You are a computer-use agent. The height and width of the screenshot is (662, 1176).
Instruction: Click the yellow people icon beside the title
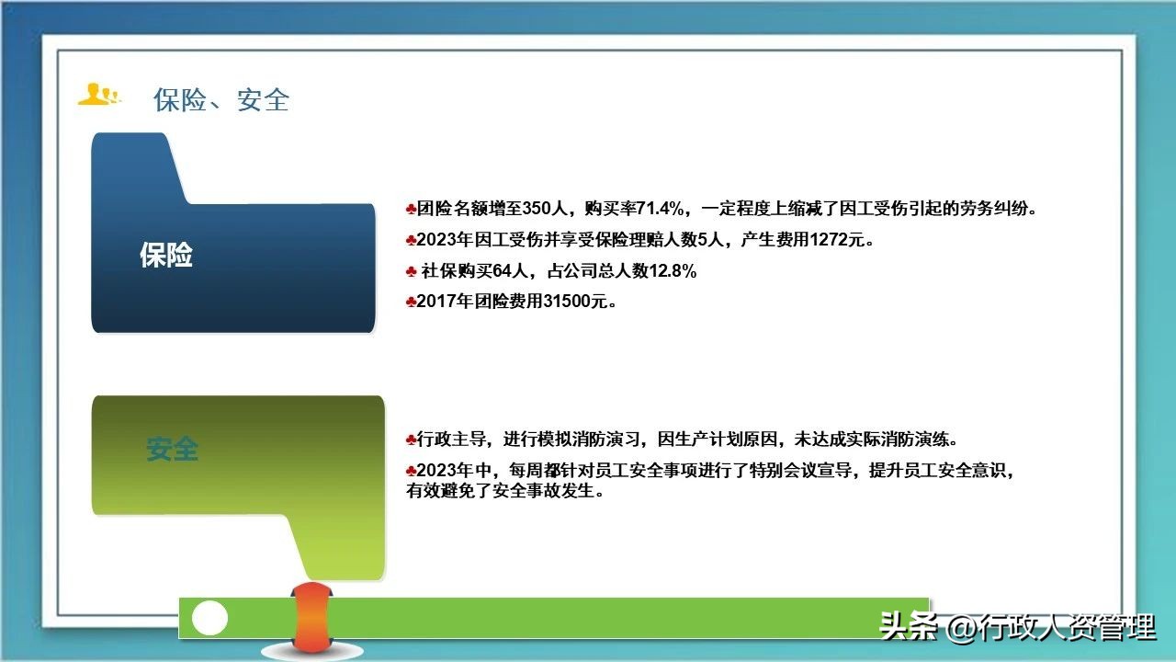98,95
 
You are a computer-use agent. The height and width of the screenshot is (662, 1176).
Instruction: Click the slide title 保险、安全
221,99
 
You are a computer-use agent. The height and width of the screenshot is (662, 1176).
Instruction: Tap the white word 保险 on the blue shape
166,256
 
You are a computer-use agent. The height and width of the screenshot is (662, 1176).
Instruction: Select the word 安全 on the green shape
172,450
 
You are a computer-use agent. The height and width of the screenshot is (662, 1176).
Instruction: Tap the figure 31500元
567,301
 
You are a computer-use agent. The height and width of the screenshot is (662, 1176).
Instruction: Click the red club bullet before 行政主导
411,439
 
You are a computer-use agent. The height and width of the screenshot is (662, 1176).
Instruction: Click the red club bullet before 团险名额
411,209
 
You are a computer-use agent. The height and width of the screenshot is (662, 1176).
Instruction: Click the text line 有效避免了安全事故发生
505,492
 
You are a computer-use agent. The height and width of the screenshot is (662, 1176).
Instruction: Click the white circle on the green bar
209,618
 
